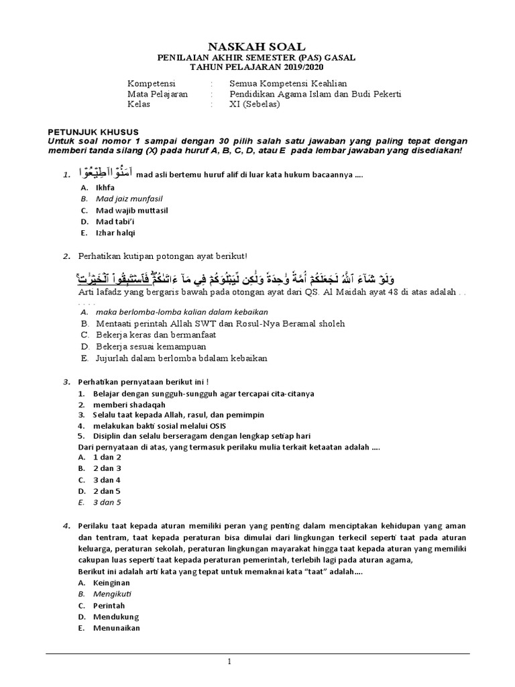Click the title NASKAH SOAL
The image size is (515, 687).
(257, 46)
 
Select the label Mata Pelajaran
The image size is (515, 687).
(158, 94)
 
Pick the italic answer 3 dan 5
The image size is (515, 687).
(107, 501)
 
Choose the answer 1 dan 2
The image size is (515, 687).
(107, 457)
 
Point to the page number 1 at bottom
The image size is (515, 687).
(229, 661)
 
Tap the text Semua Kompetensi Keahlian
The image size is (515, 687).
(278, 83)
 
